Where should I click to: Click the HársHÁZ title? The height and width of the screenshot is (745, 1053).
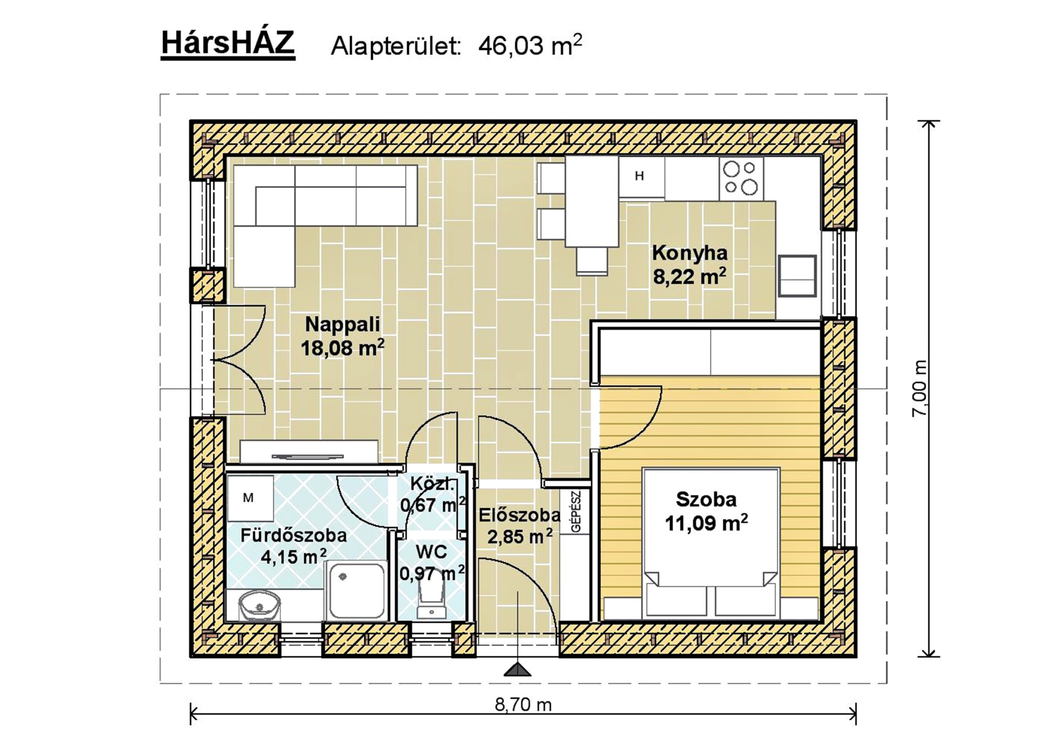[x=227, y=44]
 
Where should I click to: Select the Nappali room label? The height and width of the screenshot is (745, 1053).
[x=343, y=324]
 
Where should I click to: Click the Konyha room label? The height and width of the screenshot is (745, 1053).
[x=690, y=253]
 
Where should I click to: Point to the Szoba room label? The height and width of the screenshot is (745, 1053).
[x=706, y=499]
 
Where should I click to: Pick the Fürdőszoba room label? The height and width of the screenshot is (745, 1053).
[x=294, y=535]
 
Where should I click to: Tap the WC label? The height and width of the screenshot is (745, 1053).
[x=431, y=552]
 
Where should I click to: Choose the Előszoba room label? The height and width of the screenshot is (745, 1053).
[x=520, y=515]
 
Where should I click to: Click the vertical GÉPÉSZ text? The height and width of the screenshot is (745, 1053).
[x=576, y=511]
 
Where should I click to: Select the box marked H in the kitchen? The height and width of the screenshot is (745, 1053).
[x=641, y=177]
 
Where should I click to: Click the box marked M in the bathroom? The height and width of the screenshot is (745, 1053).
[x=250, y=498]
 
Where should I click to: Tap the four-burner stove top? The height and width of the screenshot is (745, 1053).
[x=741, y=178]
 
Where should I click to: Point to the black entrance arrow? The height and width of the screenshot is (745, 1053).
[x=517, y=669]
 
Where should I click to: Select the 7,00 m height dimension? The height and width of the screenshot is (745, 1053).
[x=919, y=388]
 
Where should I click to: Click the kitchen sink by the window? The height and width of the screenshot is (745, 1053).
[x=798, y=276]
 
